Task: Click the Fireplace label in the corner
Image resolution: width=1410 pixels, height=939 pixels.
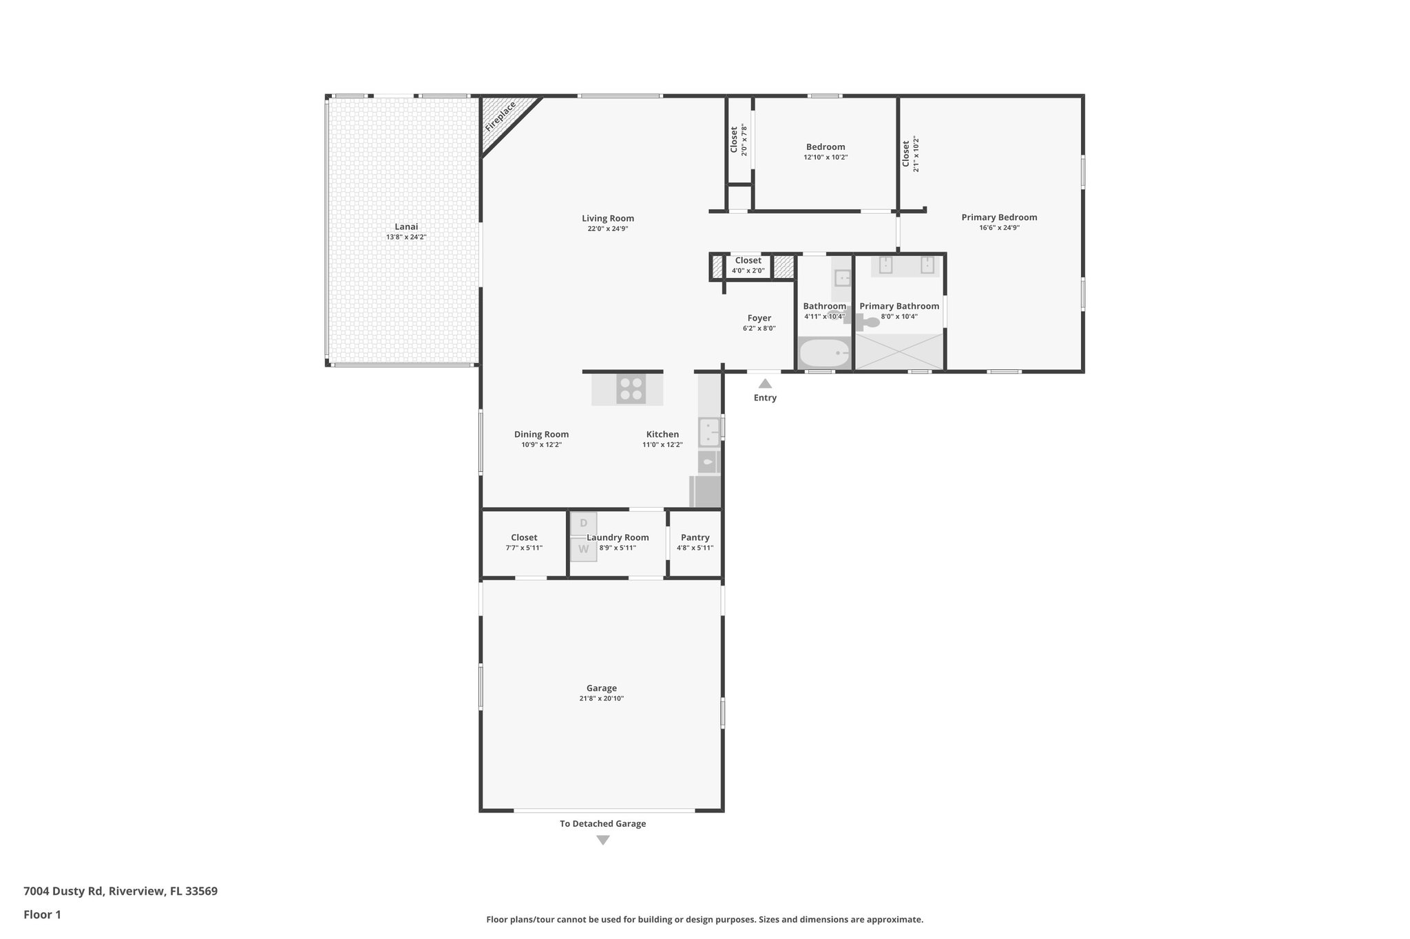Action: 501,117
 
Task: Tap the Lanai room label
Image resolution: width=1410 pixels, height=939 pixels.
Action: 406,226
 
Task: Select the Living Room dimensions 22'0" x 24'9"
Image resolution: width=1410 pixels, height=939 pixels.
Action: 607,229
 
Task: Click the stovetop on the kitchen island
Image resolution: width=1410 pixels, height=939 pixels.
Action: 631,389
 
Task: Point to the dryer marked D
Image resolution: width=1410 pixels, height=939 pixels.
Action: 583,524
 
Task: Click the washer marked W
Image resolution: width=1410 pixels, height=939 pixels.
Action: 583,549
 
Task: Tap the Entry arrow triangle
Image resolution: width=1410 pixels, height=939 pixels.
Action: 765,384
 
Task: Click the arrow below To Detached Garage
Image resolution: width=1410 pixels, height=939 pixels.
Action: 603,840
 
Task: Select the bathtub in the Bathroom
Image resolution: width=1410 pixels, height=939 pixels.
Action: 824,354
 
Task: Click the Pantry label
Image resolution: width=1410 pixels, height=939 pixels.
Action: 695,537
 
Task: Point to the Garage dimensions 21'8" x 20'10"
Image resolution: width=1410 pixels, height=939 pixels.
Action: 601,698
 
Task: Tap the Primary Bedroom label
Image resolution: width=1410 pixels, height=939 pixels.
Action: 999,217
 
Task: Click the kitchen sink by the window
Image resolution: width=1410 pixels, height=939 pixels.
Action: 708,433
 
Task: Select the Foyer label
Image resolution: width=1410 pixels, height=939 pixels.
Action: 759,318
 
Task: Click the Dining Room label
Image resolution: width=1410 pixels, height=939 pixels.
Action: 541,434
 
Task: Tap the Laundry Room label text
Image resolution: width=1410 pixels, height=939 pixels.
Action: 618,537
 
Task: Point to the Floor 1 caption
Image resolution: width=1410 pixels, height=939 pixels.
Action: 42,914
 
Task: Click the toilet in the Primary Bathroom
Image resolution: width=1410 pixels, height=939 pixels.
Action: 872,322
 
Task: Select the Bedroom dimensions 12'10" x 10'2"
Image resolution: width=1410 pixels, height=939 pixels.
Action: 825,157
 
